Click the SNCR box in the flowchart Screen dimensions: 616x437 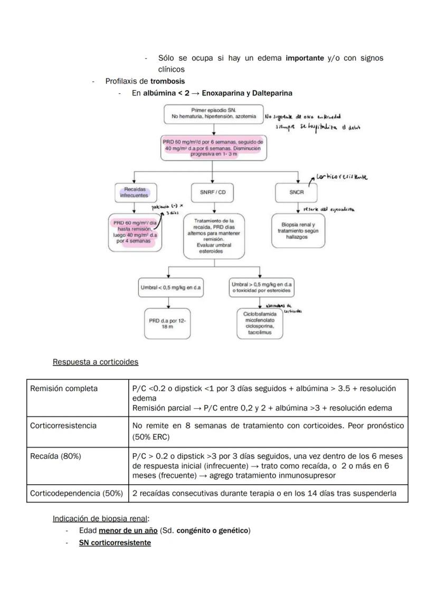(297, 192)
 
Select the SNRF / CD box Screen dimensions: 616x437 (212, 192)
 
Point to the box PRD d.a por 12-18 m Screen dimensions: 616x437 (168, 323)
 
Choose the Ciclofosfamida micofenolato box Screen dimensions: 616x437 (259, 324)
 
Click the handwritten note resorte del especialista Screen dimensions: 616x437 (328, 209)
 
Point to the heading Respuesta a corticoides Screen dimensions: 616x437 (96, 362)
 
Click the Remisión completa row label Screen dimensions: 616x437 (64, 388)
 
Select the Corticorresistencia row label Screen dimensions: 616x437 (63, 425)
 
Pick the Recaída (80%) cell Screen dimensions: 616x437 (55, 456)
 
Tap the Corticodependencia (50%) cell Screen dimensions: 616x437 (77, 493)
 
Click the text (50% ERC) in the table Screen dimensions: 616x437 (151, 437)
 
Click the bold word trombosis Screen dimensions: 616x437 (167, 81)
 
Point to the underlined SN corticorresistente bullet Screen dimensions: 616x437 (115, 542)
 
